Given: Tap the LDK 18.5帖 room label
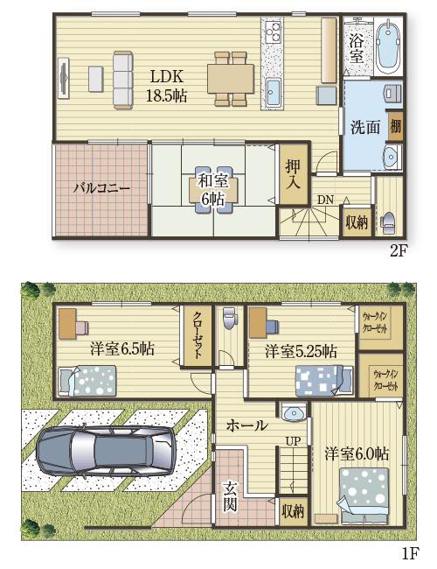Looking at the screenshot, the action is click(167, 86).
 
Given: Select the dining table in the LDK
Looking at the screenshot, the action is click(231, 79).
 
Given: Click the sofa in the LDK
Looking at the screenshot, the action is click(123, 79).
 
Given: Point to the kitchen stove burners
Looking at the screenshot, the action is click(274, 31).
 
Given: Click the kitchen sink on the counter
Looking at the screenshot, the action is click(274, 91).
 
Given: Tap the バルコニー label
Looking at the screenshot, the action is click(101, 189).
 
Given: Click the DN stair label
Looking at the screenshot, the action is click(325, 200).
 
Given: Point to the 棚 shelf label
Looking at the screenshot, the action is click(395, 126).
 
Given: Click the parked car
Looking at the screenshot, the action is click(106, 450).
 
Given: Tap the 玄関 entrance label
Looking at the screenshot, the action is click(230, 495).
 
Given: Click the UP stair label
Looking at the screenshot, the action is click(293, 441).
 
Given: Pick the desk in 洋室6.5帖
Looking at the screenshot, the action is click(67, 324).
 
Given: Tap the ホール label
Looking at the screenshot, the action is click(247, 425).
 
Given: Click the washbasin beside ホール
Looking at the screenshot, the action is click(294, 412).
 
